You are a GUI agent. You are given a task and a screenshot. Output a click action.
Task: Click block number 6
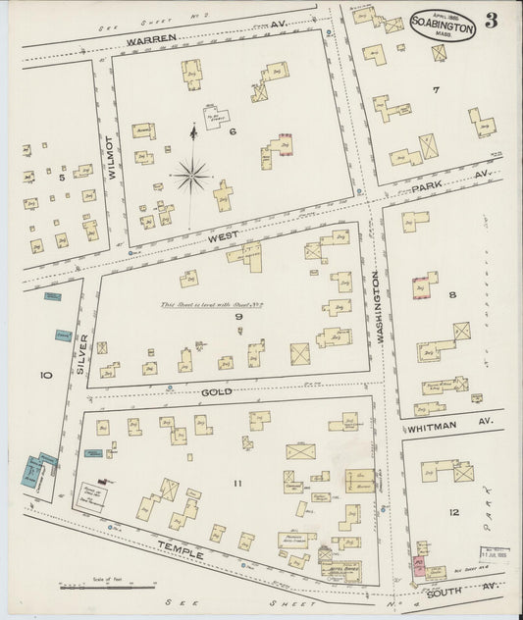[x=234, y=130]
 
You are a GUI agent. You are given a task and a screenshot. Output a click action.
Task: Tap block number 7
[x=435, y=90]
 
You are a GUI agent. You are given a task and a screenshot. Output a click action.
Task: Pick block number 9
[x=237, y=316]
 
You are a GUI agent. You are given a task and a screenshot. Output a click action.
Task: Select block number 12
[x=452, y=512]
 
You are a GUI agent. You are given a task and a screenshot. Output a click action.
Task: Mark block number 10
[x=44, y=375]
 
